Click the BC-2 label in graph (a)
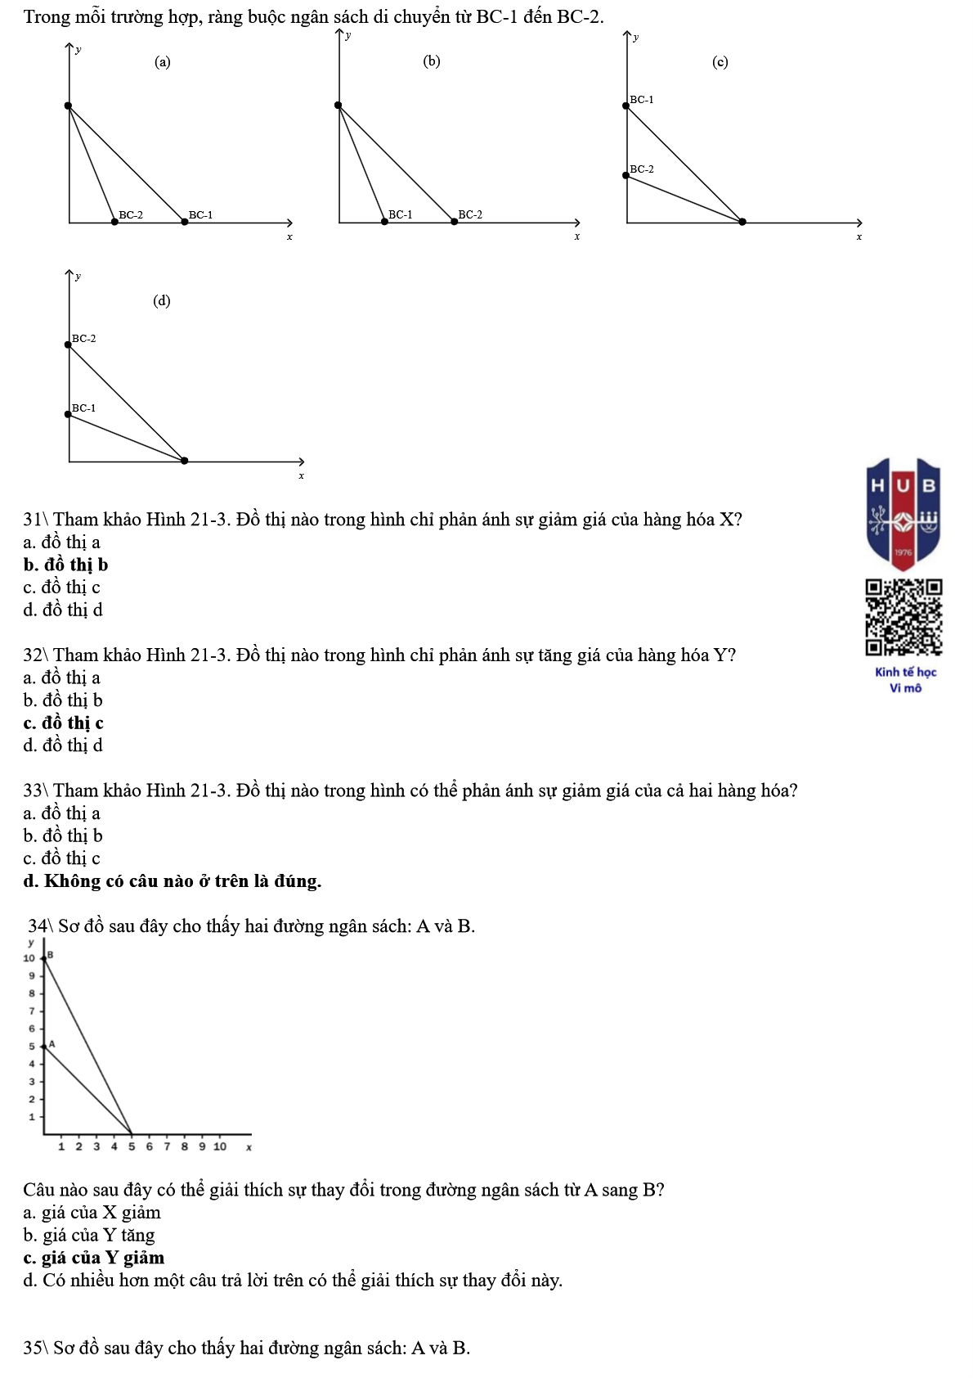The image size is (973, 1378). point(131,215)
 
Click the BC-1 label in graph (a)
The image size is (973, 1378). point(200,215)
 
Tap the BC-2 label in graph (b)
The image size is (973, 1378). point(470,214)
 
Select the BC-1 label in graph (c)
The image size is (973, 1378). point(642,100)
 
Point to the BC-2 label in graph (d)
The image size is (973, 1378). point(84,338)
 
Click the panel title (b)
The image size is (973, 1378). point(432,61)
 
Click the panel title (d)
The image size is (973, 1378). point(162,300)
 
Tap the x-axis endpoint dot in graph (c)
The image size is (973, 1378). point(742,222)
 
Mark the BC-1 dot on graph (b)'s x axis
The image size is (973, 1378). point(384,222)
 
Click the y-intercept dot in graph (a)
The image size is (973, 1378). point(69,106)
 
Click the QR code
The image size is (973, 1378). point(903,617)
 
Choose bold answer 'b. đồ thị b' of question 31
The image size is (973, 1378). point(65,565)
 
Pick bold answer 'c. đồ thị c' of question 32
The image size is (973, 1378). point(64,723)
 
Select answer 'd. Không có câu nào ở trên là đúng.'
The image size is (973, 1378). point(173,880)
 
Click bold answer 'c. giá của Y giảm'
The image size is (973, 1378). point(94,1257)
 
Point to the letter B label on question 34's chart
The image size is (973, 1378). point(50,955)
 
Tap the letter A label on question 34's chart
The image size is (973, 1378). point(52,1044)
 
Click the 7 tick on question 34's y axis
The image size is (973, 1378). point(32,1011)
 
